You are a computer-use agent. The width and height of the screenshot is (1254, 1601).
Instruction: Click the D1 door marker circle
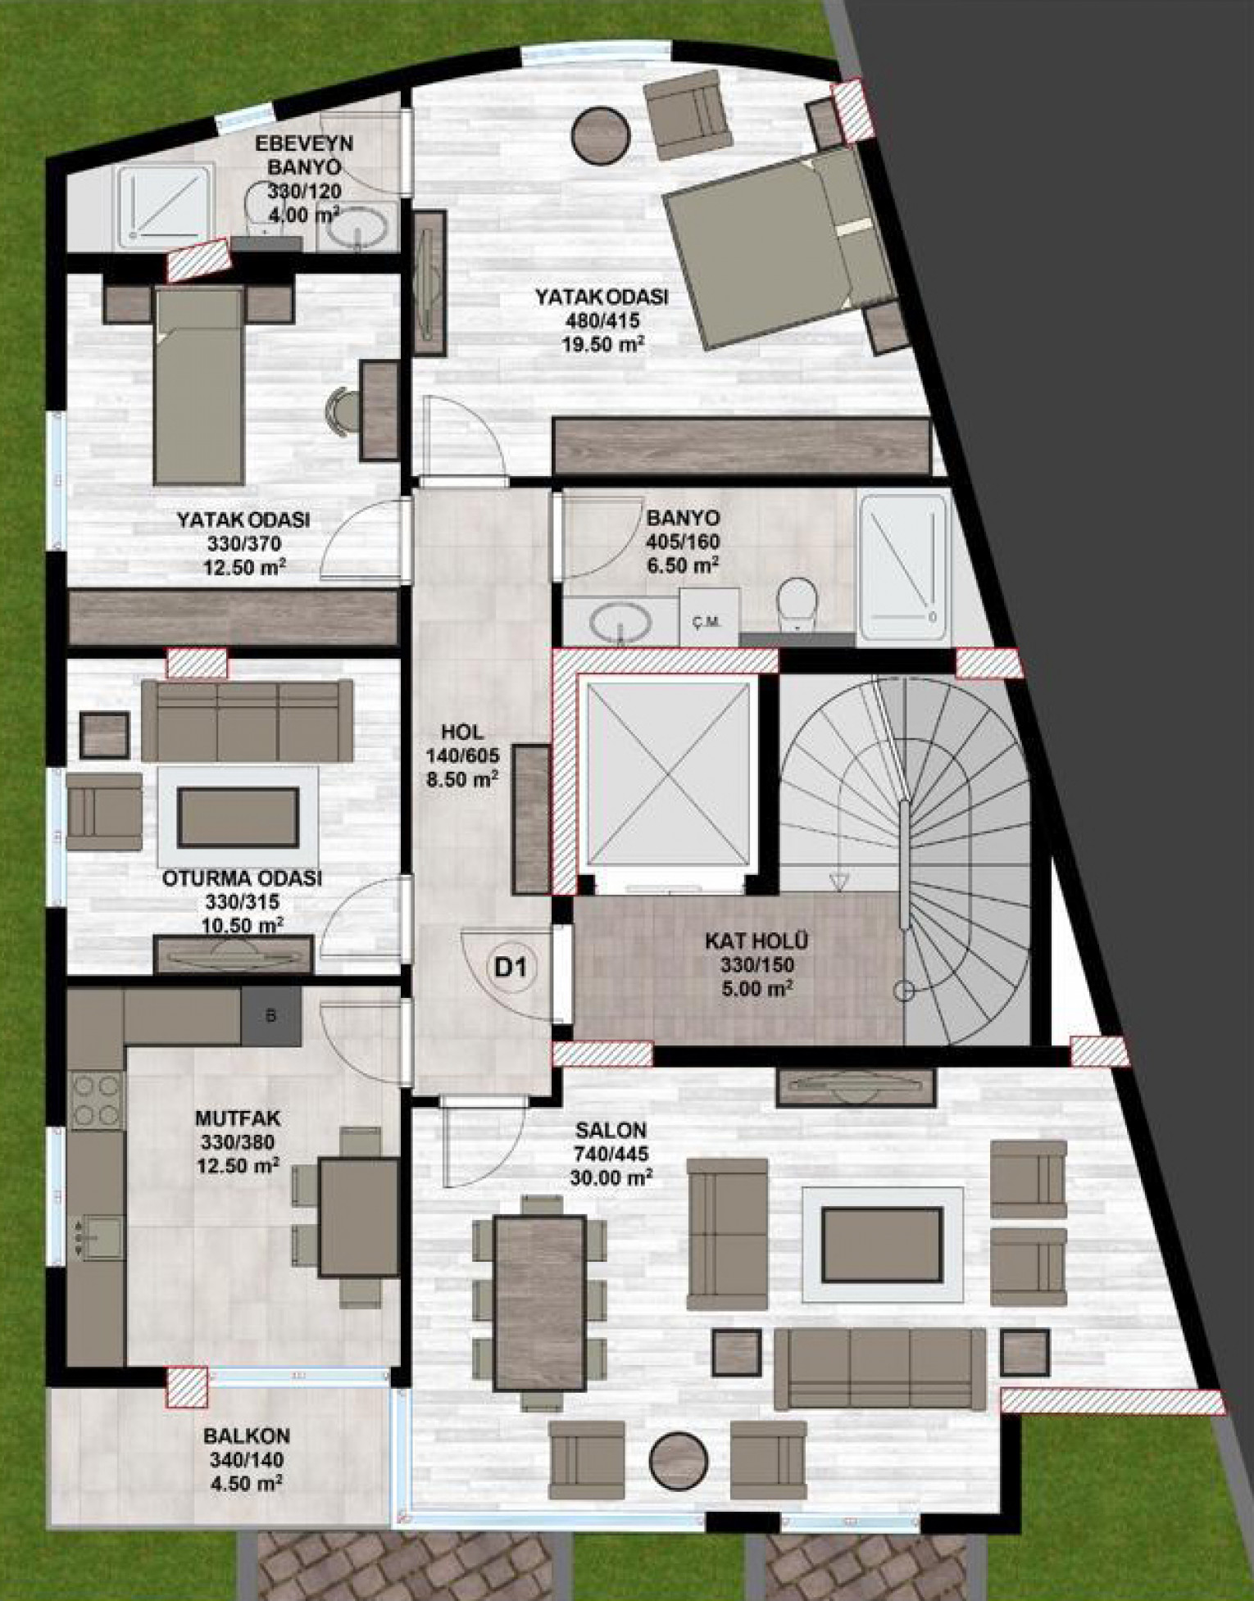pyautogui.click(x=509, y=968)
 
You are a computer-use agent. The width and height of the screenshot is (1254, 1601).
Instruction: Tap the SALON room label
pyautogui.click(x=611, y=1130)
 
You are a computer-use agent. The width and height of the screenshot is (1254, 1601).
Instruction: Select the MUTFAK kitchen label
pyautogui.click(x=238, y=1118)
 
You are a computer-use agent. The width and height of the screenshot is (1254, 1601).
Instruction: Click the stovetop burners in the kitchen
pyautogui.click(x=98, y=1100)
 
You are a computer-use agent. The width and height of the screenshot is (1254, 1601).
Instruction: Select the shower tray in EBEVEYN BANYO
pyautogui.click(x=164, y=206)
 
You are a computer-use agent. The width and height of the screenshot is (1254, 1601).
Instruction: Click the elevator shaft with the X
pyautogui.click(x=666, y=771)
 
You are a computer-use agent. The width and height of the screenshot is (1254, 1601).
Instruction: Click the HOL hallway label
pyautogui.click(x=461, y=732)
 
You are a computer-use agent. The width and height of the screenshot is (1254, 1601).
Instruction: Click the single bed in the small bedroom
pyautogui.click(x=199, y=385)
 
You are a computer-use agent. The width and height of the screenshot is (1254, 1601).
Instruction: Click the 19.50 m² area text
pyautogui.click(x=601, y=344)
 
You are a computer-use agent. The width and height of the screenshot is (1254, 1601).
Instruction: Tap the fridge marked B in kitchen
pyautogui.click(x=271, y=1016)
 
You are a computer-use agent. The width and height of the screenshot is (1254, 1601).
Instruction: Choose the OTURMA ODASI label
pyautogui.click(x=243, y=878)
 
